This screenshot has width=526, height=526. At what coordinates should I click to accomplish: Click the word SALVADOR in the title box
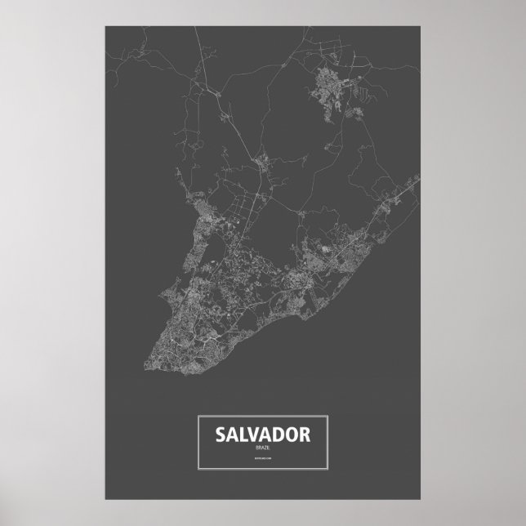click(x=263, y=434)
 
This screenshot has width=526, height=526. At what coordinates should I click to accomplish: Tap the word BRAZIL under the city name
click(x=263, y=448)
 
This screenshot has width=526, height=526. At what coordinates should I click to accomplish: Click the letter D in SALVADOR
click(x=280, y=434)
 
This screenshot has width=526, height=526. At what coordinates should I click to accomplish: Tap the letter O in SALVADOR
click(x=292, y=434)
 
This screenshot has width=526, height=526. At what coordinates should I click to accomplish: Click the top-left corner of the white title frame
click(x=198, y=417)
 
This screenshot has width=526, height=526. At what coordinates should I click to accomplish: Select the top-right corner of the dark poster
click(x=420, y=25)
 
